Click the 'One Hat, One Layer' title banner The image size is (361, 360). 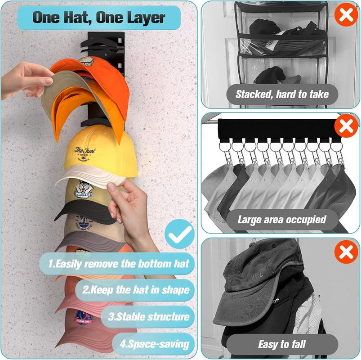pyautogui.click(x=99, y=18)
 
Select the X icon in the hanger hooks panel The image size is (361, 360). pyautogui.click(x=346, y=127)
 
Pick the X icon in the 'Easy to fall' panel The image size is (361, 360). pyautogui.click(x=346, y=252)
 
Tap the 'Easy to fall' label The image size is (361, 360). pyautogui.click(x=282, y=345)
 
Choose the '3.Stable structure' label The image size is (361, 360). pyautogui.click(x=149, y=316)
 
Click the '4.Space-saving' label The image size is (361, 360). pyautogui.click(x=155, y=344)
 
